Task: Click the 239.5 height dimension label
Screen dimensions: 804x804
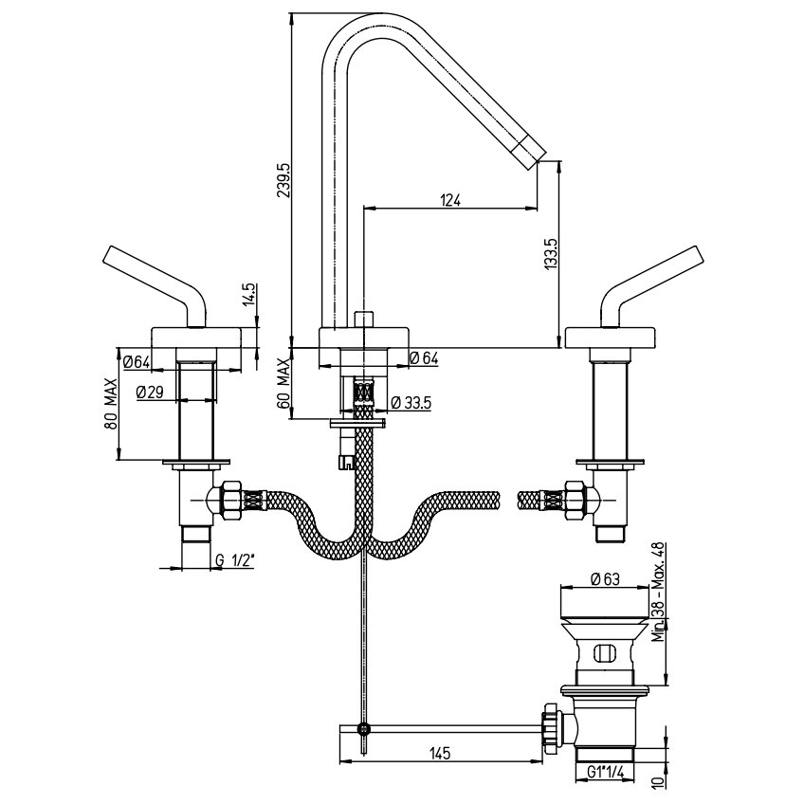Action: (283, 180)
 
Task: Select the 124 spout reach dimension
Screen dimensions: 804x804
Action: (450, 200)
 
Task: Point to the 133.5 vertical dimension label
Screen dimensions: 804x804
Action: (551, 254)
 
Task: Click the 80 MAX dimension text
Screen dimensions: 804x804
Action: (110, 405)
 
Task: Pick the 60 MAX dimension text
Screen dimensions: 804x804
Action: (283, 383)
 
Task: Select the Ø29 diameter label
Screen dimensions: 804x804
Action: (150, 393)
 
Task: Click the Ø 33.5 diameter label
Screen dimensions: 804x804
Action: (411, 403)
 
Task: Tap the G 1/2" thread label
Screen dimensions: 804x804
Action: (235, 560)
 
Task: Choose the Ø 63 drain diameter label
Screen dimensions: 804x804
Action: (605, 579)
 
